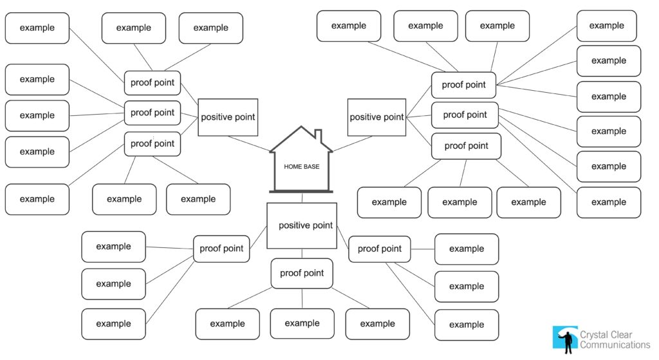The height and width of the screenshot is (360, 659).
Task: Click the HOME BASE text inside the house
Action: (301, 167)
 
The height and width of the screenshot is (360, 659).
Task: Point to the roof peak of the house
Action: (301, 128)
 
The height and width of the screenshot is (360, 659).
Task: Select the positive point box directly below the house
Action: (302, 225)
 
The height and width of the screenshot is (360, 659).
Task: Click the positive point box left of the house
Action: (228, 117)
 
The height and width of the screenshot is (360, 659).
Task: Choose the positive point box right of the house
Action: (376, 117)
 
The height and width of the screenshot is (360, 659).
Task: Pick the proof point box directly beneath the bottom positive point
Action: (302, 273)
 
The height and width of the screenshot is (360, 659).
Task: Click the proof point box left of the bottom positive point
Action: (221, 249)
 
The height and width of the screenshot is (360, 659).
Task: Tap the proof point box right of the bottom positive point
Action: (379, 249)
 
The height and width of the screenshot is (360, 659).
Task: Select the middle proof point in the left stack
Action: (153, 113)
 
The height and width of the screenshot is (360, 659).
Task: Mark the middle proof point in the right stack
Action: (465, 115)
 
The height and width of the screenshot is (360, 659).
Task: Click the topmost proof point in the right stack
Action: (463, 85)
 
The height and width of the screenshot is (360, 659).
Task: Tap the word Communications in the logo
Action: (615, 345)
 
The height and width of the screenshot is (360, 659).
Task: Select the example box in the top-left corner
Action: (37, 28)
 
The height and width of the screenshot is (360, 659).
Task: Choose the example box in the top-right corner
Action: (606, 26)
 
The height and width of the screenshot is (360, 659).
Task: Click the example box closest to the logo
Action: (467, 325)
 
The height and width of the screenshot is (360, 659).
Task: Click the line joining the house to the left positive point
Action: (248, 144)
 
